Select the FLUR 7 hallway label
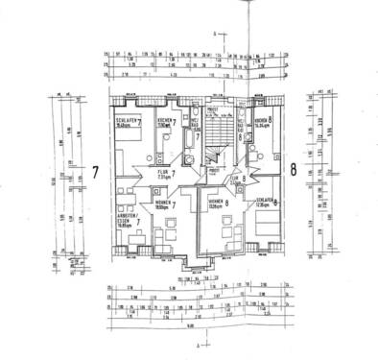[x=165, y=174]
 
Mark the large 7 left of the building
[x=96, y=174]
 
